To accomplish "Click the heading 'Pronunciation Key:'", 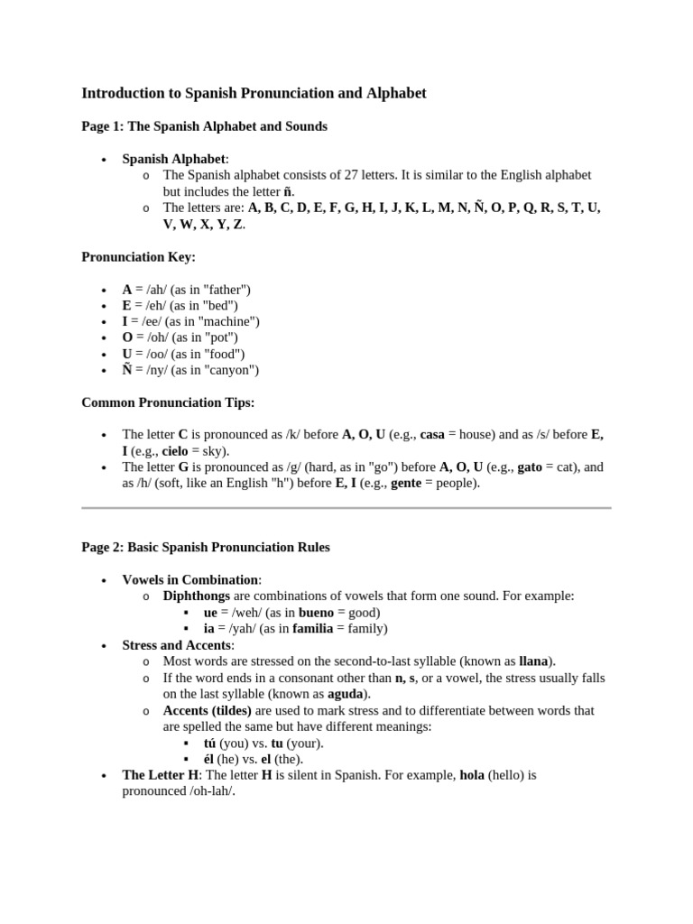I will (x=138, y=256).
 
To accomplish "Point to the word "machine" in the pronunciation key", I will (x=230, y=322).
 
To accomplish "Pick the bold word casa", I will (x=432, y=435).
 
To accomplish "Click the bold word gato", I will (x=530, y=467).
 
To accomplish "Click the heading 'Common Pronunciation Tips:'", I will (x=168, y=402).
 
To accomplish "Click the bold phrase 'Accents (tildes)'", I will (x=207, y=710).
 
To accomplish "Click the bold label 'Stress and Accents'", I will (x=177, y=645).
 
